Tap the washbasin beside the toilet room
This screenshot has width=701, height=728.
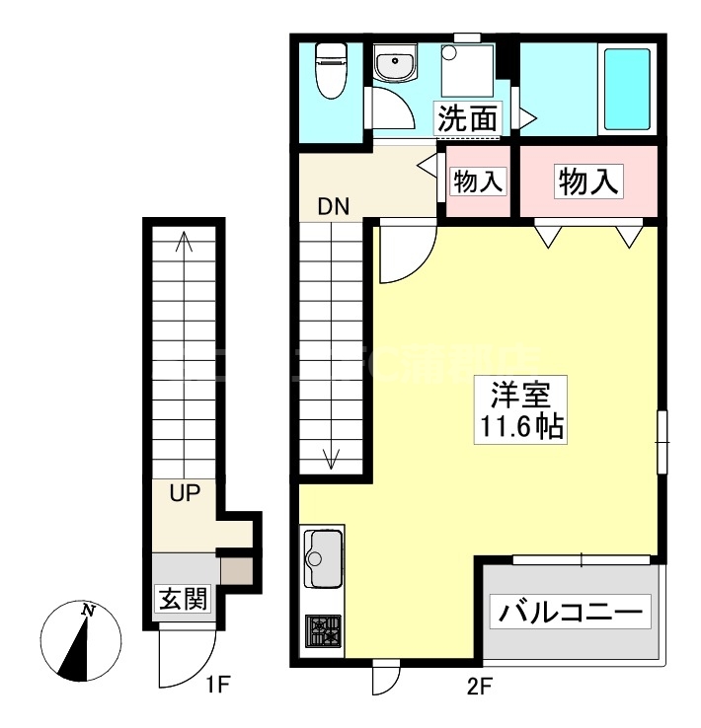(396, 66)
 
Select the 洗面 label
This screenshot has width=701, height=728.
(467, 119)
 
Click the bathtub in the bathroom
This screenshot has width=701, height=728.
(626, 89)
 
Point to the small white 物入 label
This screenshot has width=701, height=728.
(479, 182)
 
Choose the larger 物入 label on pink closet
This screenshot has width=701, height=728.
(588, 182)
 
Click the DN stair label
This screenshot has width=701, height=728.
(333, 207)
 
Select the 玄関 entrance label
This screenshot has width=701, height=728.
(183, 598)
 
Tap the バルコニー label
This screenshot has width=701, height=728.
(571, 612)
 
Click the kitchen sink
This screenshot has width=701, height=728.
(323, 558)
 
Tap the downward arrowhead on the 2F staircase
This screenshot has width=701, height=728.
(333, 459)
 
